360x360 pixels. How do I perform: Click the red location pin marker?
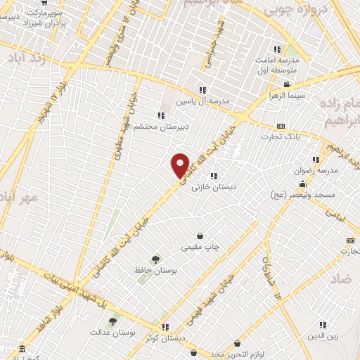(181, 165)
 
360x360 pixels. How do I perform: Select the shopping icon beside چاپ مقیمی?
(201, 236)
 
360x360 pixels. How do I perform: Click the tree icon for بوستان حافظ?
(155, 259)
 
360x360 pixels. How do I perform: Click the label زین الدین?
(323, 336)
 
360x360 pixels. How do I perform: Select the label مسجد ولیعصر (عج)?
(326, 193)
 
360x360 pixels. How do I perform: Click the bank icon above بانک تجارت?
(281, 126)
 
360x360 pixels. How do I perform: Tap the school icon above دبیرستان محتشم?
(161, 115)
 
